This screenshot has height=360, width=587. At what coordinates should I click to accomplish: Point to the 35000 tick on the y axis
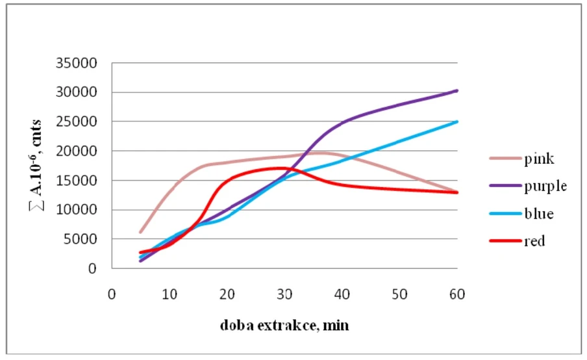click(x=82, y=64)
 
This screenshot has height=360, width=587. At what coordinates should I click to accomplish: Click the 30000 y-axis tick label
click(x=82, y=92)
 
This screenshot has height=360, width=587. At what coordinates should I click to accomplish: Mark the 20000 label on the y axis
click(x=82, y=151)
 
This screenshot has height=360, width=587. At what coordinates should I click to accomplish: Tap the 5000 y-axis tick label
click(x=85, y=239)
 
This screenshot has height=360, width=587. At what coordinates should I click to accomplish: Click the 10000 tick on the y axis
click(x=82, y=210)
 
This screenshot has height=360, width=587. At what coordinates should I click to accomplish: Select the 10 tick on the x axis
click(x=169, y=294)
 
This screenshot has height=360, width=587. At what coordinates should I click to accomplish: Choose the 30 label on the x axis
click(x=284, y=294)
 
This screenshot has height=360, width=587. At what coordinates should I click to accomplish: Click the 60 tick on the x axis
click(x=456, y=294)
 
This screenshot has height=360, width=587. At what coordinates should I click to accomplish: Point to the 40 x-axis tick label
click(x=342, y=294)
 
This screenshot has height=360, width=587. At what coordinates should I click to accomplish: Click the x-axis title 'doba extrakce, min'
click(x=284, y=325)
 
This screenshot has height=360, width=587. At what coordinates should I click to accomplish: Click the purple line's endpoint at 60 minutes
click(x=457, y=90)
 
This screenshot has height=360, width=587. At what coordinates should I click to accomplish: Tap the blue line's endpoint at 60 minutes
click(x=457, y=122)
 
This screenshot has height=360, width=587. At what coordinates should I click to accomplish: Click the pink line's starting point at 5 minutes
click(x=140, y=232)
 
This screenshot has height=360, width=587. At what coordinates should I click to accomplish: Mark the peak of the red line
click(x=279, y=168)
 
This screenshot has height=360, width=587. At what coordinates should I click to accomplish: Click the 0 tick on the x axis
click(x=112, y=294)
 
